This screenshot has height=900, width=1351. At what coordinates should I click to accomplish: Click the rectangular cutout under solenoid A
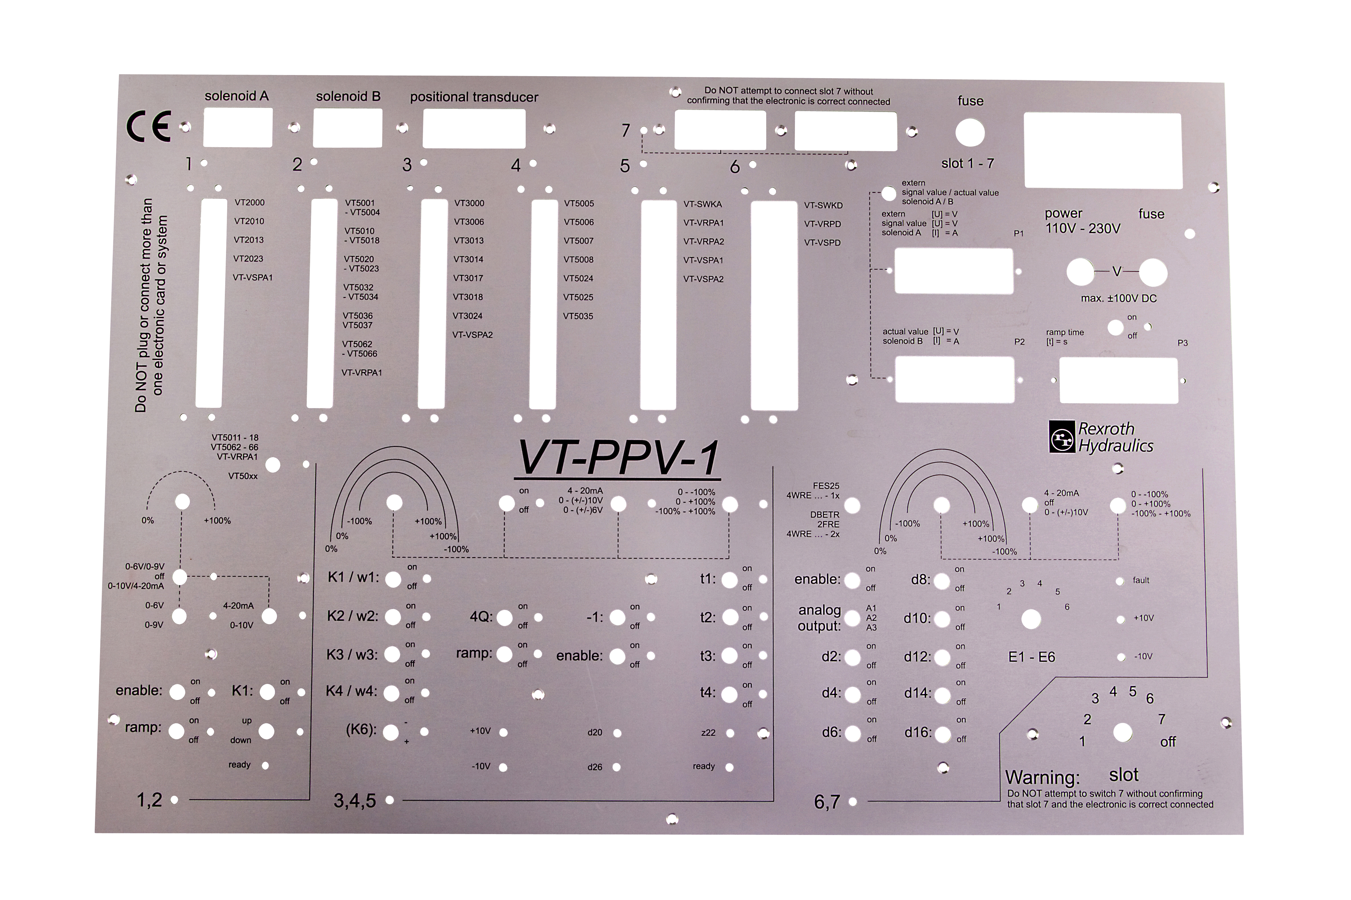[x=238, y=129]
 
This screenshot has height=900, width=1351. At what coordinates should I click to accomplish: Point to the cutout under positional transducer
[x=474, y=129]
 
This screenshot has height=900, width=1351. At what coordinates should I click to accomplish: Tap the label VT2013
[x=249, y=240]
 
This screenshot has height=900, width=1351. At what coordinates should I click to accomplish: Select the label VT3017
[x=468, y=278]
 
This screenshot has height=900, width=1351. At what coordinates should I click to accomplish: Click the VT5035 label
[x=578, y=316]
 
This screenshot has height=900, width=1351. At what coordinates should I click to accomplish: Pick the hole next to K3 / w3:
[x=392, y=654]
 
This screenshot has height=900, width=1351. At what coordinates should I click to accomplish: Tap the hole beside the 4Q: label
[x=504, y=618]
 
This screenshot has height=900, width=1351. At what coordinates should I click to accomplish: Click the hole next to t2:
[x=730, y=618]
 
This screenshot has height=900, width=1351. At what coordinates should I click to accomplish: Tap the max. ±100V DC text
[x=1119, y=299]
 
